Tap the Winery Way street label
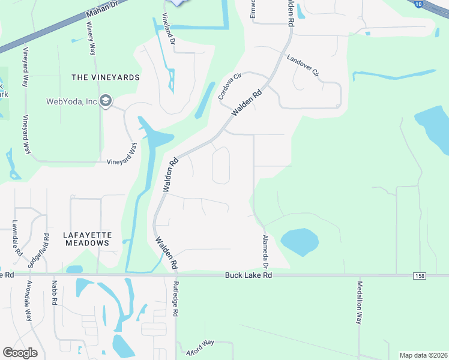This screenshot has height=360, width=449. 91,40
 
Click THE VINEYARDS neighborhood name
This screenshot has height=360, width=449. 105,77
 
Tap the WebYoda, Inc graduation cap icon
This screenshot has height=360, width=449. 106,101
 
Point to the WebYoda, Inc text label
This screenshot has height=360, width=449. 71,101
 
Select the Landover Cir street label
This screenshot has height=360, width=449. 303,67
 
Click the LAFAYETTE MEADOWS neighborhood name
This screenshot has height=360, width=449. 86,239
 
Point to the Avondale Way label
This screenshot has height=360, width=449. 28,302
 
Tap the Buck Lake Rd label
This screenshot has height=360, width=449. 249,275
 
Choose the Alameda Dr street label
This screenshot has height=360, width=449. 265,251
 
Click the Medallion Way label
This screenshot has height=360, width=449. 360,303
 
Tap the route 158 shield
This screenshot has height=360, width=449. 419,275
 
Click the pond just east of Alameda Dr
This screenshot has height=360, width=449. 299,242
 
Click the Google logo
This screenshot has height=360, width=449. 20,353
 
